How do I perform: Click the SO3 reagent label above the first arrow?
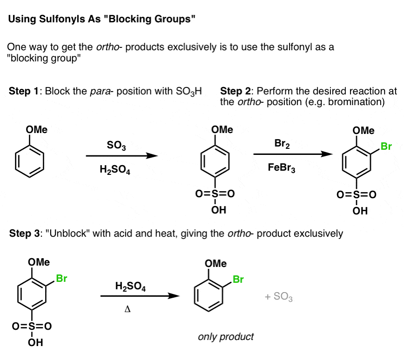(x=116, y=146)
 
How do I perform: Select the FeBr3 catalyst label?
(x=282, y=168)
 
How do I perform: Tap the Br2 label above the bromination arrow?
(x=282, y=144)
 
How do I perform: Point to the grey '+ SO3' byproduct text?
(x=278, y=297)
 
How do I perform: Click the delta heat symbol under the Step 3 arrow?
(x=127, y=309)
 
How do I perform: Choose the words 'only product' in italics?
(x=226, y=337)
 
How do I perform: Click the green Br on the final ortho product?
(x=238, y=280)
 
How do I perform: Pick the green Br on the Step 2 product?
(x=386, y=146)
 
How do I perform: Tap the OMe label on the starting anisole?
(x=37, y=129)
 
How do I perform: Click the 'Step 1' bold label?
(x=23, y=91)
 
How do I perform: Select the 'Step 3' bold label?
(x=24, y=233)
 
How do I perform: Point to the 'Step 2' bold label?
(x=235, y=91)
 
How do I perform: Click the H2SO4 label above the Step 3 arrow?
(x=130, y=287)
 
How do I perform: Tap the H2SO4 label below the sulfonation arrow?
(x=115, y=170)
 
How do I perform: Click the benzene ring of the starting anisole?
(x=15, y=161)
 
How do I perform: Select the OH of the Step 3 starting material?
(x=35, y=342)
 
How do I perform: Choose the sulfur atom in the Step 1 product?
(x=215, y=193)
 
